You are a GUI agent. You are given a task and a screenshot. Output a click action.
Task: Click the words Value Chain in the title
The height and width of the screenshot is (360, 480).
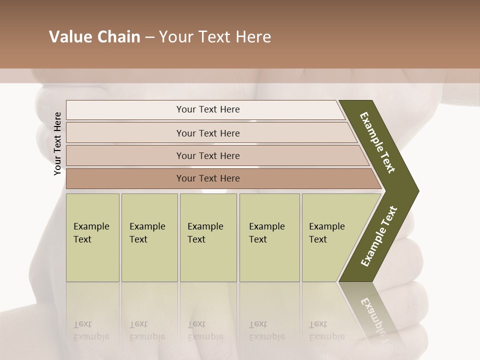[94, 37]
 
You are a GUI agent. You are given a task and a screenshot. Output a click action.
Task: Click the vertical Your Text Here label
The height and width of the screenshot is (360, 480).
[57, 143]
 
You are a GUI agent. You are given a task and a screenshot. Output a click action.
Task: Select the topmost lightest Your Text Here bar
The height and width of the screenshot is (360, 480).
[207, 109]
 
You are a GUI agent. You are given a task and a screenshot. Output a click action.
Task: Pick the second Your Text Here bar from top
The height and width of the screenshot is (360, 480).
[207, 133]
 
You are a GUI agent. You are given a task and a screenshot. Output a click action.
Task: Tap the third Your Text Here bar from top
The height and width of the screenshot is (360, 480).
[207, 155]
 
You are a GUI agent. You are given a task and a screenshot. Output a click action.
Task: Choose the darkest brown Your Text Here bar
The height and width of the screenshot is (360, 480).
[207, 178]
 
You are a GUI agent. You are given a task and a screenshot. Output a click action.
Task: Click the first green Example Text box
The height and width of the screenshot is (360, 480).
[92, 237]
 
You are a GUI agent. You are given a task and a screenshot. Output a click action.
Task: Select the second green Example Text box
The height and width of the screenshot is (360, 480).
[149, 237]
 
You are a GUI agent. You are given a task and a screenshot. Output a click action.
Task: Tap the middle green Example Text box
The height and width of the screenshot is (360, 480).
[208, 237]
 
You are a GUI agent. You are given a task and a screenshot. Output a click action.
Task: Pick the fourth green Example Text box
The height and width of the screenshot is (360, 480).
[269, 237]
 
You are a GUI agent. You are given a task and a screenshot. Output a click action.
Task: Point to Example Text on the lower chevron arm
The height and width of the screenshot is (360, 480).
[379, 236]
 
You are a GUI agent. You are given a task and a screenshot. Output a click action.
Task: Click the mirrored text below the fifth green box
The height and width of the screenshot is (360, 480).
[326, 330]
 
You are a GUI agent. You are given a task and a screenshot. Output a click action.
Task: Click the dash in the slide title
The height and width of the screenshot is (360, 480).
[149, 37]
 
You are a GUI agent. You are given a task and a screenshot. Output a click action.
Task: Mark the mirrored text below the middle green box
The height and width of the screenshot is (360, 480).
[205, 330]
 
